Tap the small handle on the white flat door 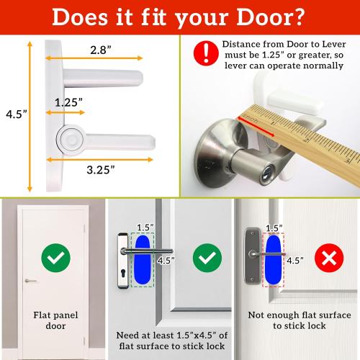click(30, 280)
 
